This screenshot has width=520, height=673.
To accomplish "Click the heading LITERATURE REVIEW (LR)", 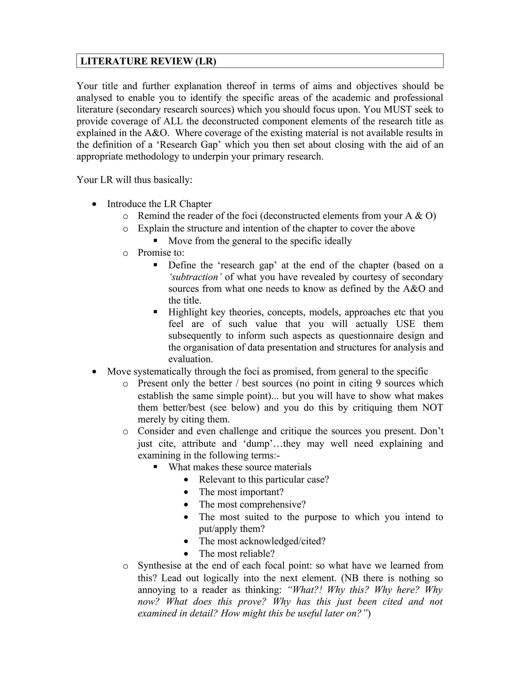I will point(148,61).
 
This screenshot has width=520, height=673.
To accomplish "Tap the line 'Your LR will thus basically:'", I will point(134,180).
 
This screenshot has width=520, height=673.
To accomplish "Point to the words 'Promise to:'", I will point(161,253).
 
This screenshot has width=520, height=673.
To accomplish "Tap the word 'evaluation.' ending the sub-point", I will point(191,359).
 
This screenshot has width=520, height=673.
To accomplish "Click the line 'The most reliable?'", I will point(236,553).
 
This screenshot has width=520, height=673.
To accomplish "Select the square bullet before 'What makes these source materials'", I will point(156,467).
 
